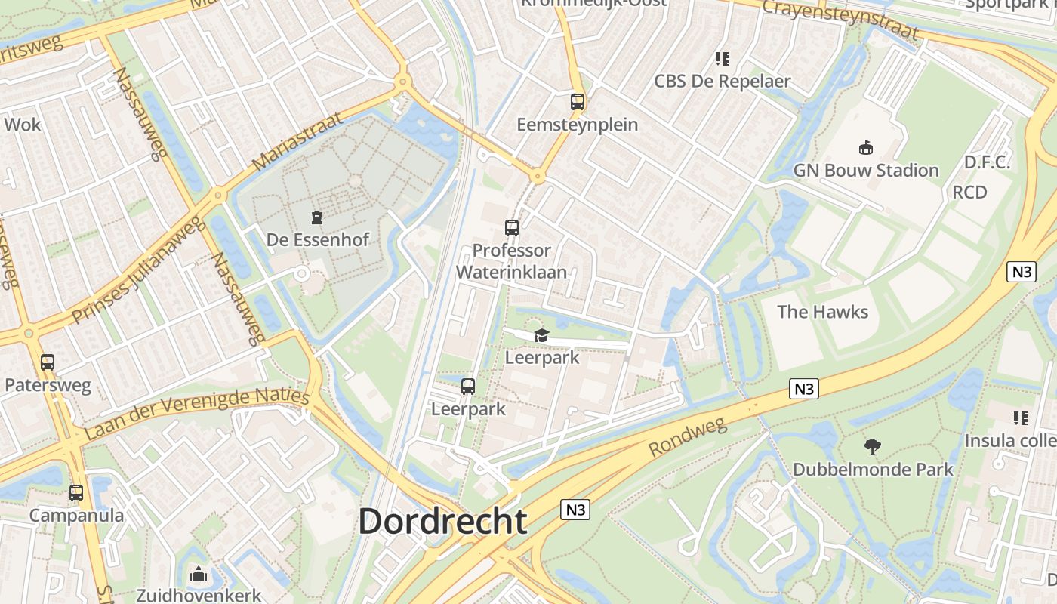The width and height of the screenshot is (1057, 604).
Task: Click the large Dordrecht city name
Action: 442,521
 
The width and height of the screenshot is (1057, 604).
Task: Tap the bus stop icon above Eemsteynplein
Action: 578,102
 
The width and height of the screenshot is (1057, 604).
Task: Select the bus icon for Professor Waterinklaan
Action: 512,227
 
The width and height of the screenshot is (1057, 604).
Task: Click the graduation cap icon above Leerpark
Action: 541,335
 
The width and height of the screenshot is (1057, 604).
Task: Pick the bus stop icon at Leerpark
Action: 468,387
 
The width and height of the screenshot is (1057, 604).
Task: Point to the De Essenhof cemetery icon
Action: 317,218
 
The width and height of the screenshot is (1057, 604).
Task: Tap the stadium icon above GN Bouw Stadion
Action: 865,148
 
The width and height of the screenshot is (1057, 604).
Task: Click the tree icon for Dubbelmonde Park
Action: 873,446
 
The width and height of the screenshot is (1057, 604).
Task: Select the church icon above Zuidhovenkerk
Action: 199,575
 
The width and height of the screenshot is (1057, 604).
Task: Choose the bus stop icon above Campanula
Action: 76,493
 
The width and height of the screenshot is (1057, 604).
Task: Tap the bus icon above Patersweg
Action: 48,362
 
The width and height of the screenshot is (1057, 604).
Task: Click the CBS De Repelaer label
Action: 722,81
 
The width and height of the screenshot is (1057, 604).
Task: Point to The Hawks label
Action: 822,312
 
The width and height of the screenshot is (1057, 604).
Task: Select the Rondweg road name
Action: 687,437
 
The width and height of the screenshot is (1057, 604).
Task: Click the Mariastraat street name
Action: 297,141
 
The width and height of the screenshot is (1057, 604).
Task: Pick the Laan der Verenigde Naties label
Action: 196,414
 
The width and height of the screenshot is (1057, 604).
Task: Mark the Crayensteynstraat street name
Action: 840,19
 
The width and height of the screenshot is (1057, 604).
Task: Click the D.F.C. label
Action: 987,162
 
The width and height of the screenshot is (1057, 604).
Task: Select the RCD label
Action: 969,192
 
